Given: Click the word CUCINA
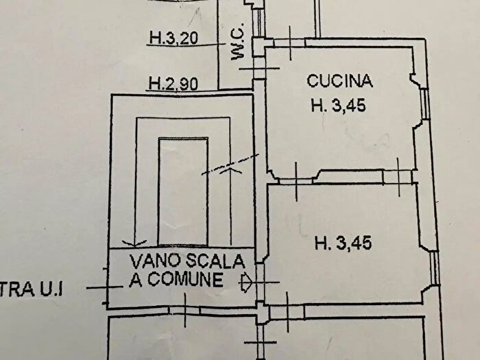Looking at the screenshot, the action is [339, 82].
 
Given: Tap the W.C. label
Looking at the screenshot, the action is [238, 52].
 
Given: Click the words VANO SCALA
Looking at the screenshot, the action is [187, 261].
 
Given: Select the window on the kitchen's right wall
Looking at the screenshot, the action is [425, 102].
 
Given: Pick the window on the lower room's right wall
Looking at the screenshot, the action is [435, 268].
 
